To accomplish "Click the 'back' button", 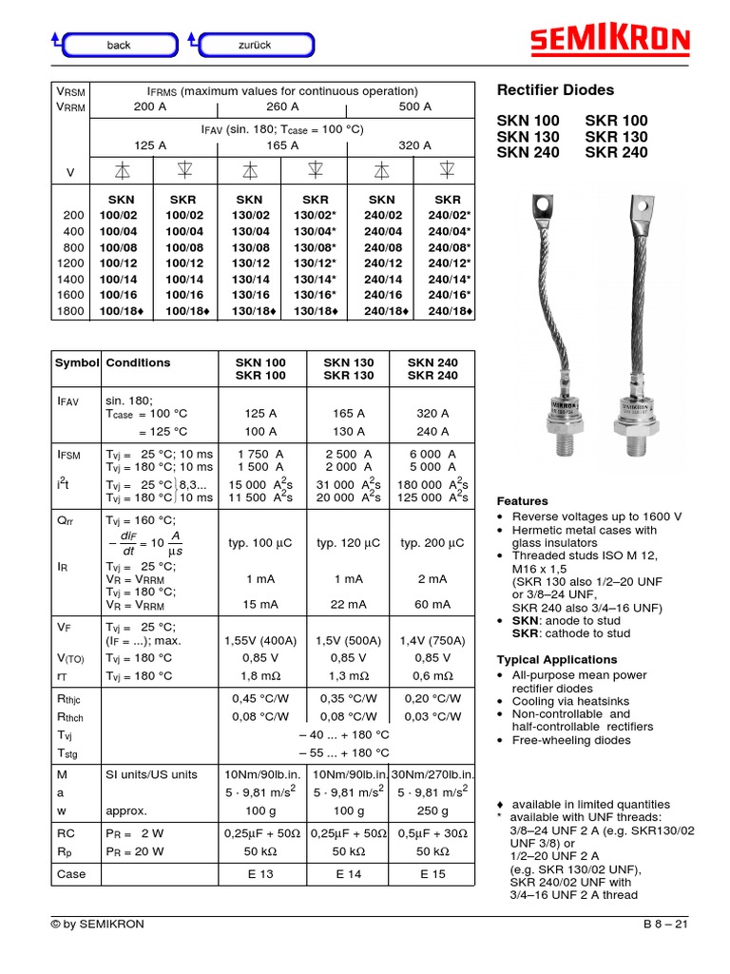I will coord(118,45).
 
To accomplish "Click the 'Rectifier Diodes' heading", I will coord(556,90).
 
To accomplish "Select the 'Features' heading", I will coord(523,501).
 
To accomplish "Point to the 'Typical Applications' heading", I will coord(557,660).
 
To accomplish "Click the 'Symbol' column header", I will coord(76,362).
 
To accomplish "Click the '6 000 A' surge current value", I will coord(433,455).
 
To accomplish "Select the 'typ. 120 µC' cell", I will coord(349,543).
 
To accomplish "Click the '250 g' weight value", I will coord(433,811).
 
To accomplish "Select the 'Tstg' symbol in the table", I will coord(68,752).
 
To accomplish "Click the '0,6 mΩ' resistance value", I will coord(433,676).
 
